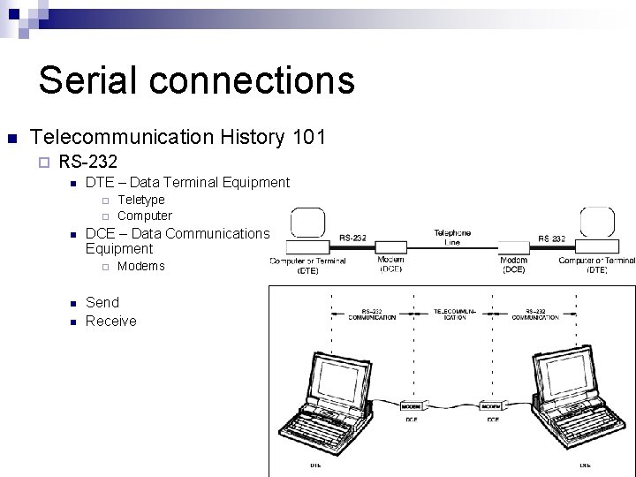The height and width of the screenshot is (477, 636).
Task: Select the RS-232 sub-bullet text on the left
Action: (87, 161)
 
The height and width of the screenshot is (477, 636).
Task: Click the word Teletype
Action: (140, 200)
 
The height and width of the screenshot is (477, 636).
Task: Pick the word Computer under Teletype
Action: (145, 216)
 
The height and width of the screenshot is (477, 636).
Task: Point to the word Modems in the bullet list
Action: (140, 266)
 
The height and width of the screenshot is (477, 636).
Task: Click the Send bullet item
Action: (102, 302)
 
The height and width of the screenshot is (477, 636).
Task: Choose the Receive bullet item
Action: (111, 321)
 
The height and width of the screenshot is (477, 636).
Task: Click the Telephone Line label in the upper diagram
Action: (451, 237)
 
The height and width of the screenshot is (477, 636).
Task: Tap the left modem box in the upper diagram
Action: (391, 247)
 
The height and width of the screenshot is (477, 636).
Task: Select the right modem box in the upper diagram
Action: (514, 247)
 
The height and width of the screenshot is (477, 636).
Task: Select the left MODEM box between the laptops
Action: (412, 405)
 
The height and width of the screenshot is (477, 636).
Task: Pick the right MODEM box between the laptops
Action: (490, 405)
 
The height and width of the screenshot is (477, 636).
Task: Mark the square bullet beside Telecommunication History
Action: (11, 139)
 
